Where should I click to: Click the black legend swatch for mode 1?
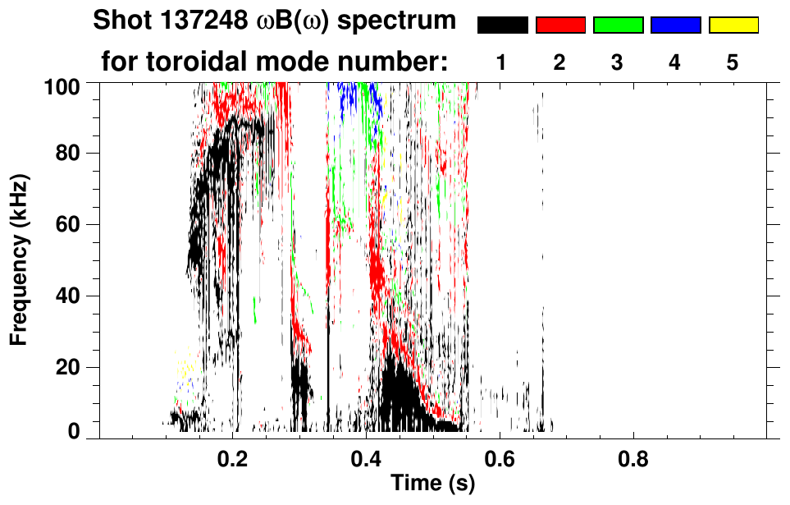pyautogui.click(x=502, y=25)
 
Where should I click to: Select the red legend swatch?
pyautogui.click(x=560, y=25)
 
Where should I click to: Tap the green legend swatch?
pyautogui.click(x=618, y=25)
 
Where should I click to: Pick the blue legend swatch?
pyautogui.click(x=675, y=25)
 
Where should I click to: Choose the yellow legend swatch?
pyautogui.click(x=733, y=25)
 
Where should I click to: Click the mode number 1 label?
pyautogui.click(x=501, y=62)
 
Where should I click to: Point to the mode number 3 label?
pyautogui.click(x=617, y=62)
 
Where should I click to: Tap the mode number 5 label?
pyautogui.click(x=733, y=62)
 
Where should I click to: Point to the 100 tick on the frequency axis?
pyautogui.click(x=70, y=85)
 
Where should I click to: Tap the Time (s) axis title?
pyautogui.click(x=432, y=484)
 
